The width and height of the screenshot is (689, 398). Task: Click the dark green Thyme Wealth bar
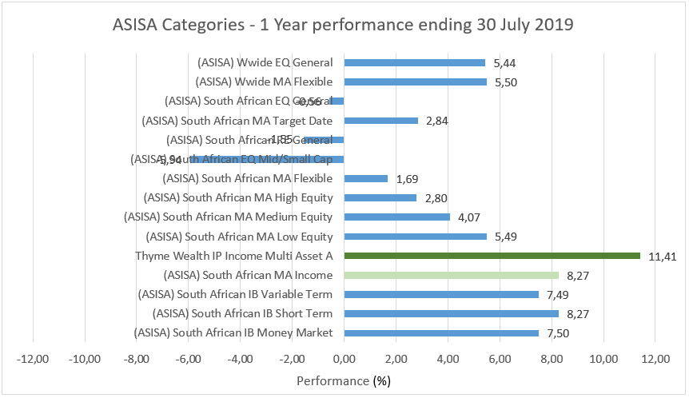click(x=492, y=256)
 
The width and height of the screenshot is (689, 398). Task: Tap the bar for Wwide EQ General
click(x=414, y=62)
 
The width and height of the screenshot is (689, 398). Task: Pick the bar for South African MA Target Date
click(x=380, y=121)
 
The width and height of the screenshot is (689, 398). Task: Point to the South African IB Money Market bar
click(x=441, y=332)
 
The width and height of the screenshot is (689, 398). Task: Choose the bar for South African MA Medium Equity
click(x=396, y=217)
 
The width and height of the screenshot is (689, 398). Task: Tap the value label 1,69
click(x=408, y=179)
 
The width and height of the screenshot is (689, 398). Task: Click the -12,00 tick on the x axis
click(x=33, y=359)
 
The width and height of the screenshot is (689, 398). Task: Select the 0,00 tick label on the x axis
click(x=344, y=359)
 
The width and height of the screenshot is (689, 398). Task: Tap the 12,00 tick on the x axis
click(x=655, y=359)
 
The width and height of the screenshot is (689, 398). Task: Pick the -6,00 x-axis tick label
click(x=189, y=359)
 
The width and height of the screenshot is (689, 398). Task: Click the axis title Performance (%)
click(x=344, y=381)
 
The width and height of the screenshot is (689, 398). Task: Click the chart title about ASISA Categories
click(x=344, y=24)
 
